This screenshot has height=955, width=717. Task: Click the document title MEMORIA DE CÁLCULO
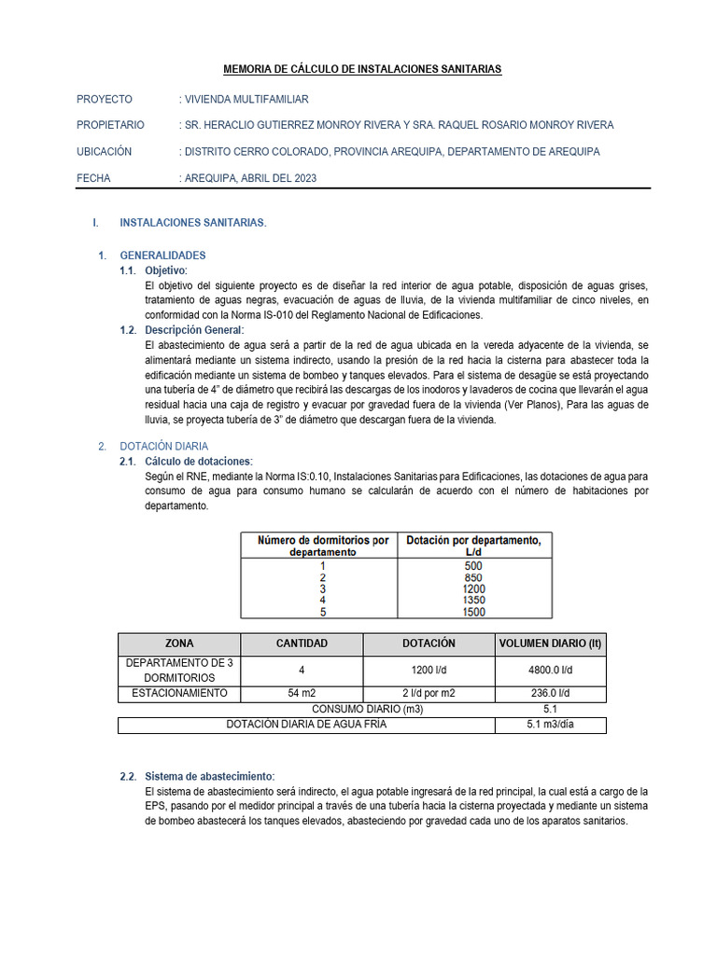pos(362,69)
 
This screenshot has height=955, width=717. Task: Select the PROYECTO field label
pos(105,99)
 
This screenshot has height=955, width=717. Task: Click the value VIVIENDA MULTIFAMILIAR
pos(246,99)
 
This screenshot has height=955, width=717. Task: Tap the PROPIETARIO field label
pos(110,125)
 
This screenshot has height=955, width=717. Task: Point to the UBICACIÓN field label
pos(105,151)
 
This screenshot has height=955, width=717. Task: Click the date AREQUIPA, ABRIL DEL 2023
pos(250,178)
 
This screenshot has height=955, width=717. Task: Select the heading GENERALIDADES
pos(162,255)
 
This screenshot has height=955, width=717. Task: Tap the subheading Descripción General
pos(194,330)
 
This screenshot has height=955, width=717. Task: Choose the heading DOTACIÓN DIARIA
pos(163,447)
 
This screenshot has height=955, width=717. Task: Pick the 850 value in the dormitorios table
pos(473,577)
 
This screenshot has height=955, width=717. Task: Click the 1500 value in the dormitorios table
pos(473,613)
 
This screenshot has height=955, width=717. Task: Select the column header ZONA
pos(179,644)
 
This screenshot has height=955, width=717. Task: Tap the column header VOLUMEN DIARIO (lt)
pos(549,644)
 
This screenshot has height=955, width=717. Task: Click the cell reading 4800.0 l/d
pos(549,671)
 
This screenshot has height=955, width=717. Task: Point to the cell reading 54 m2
pos(302,693)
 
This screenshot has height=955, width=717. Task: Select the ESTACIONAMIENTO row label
pos(179,693)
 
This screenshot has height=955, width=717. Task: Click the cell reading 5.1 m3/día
pos(549,725)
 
